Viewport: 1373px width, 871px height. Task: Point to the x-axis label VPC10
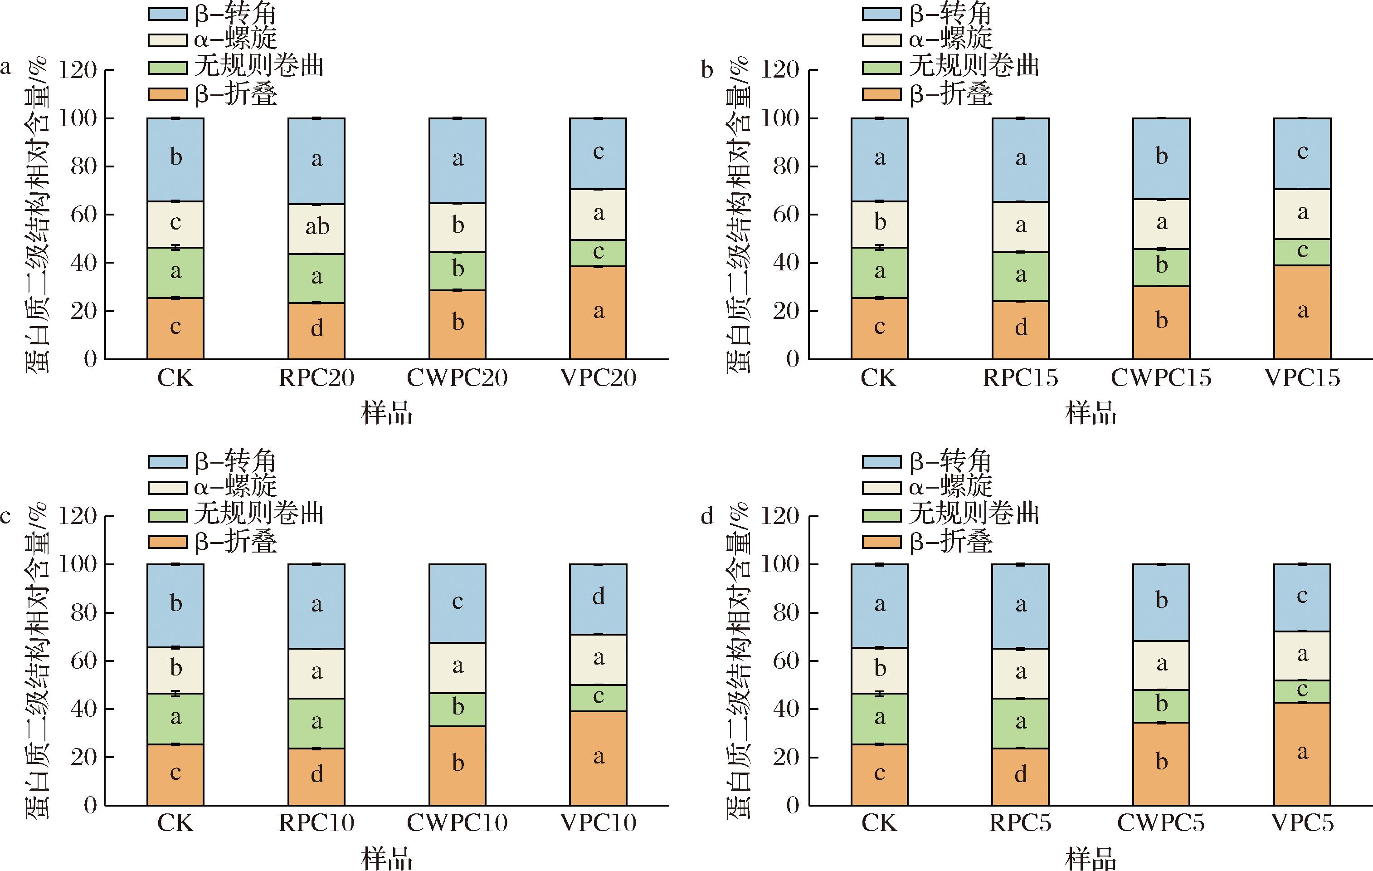598,822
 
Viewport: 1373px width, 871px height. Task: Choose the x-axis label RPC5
1020,822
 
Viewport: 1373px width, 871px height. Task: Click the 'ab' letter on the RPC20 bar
317,227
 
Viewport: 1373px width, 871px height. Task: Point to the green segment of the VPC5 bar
1302,691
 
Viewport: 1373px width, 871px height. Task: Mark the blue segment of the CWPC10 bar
457,603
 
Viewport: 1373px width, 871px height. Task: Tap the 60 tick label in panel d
786,661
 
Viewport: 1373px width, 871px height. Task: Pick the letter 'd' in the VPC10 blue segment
599,597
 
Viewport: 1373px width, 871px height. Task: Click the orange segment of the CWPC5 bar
1161,763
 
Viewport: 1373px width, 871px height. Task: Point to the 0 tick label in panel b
793,359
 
